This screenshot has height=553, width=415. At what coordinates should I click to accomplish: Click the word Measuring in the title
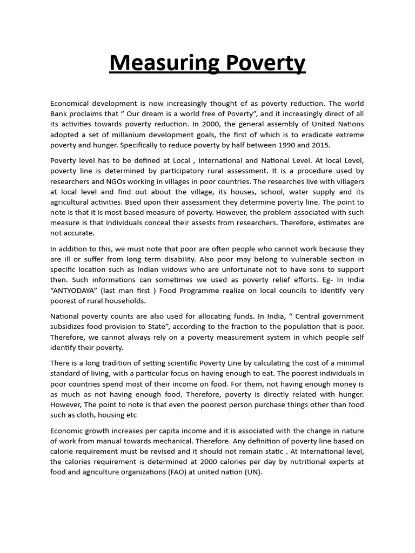(x=157, y=64)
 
